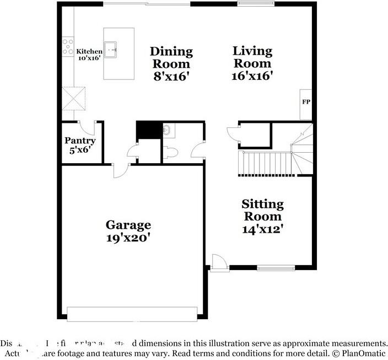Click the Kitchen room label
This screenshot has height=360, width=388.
89,51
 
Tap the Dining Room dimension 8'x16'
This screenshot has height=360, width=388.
172,76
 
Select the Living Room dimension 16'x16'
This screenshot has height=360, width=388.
252,76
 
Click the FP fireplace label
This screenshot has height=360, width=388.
305,102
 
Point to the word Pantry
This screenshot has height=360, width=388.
80,141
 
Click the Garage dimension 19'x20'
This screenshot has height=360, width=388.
128,238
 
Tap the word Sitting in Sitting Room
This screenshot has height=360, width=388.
263,205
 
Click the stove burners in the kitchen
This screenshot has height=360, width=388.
68,46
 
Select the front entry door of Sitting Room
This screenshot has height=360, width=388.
218,261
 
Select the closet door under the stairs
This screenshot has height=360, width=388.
233,133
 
